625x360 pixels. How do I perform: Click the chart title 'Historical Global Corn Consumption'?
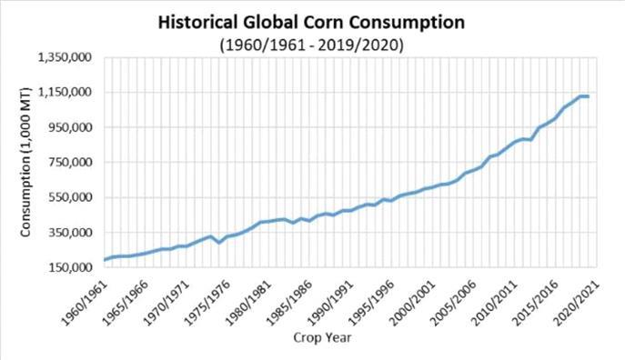[x=311, y=23]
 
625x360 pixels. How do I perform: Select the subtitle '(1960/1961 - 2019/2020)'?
[x=311, y=45]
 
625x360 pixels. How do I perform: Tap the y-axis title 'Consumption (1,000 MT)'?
[x=25, y=162]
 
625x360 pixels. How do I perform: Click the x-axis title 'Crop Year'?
[x=322, y=337]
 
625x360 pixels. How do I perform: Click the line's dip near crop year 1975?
[x=219, y=242]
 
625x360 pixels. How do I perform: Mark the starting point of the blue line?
[x=105, y=260]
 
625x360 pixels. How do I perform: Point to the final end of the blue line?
[x=589, y=96]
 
